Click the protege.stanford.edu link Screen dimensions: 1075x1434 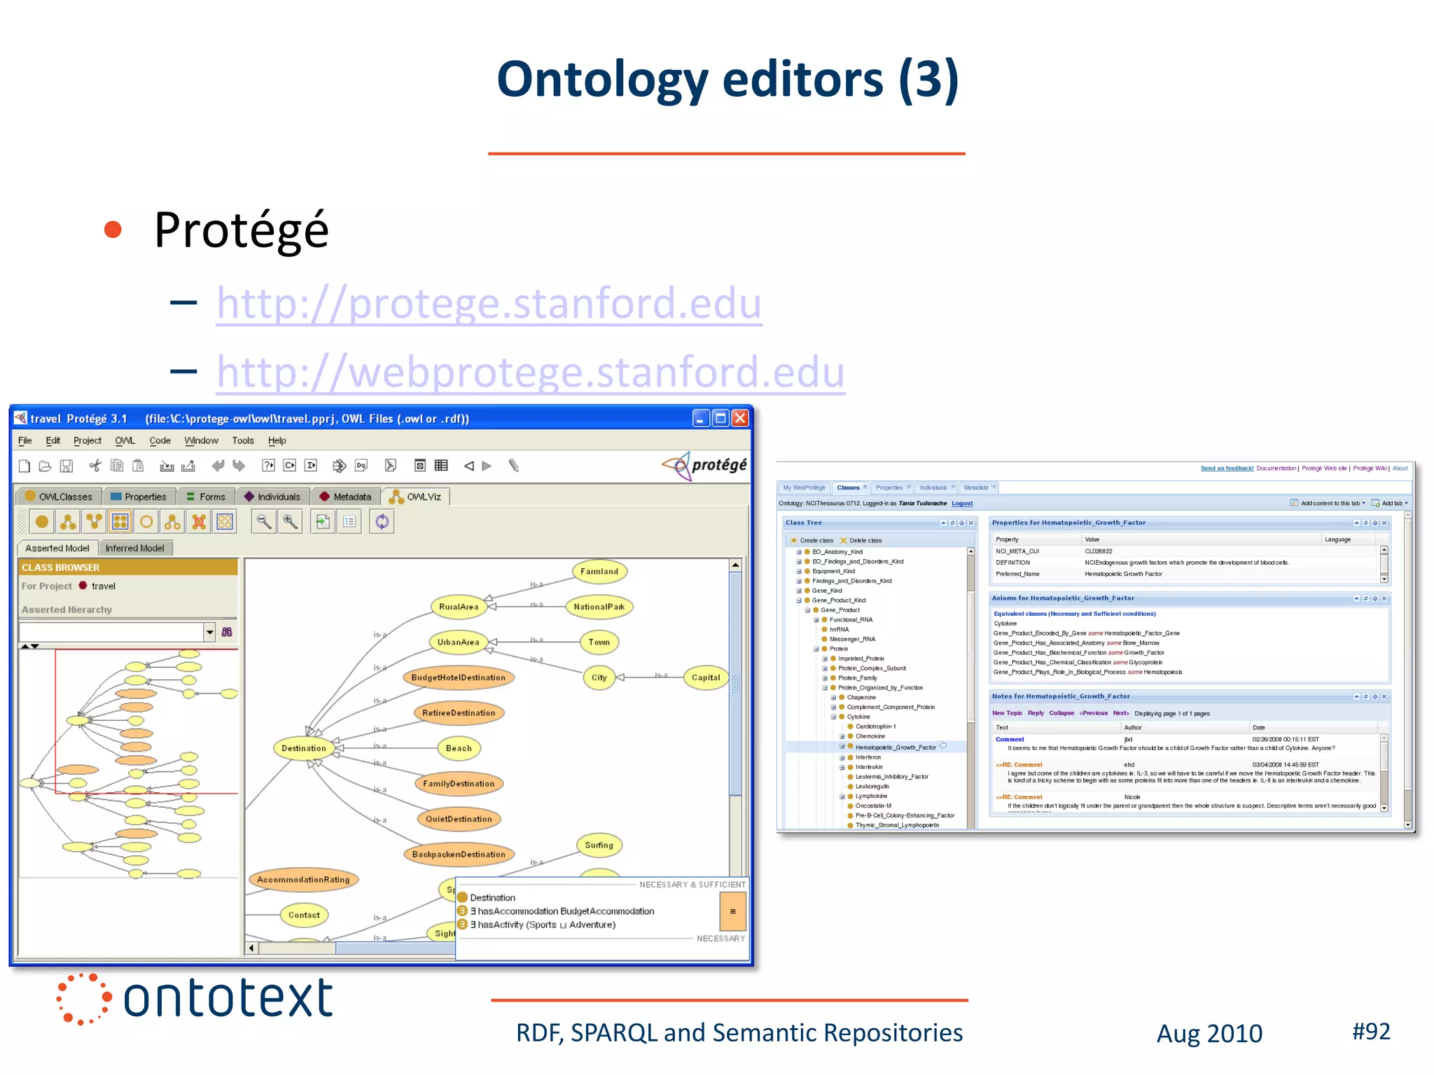489,303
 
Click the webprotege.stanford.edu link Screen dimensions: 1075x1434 530,372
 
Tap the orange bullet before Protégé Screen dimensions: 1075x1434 113,230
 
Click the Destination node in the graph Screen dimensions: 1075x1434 303,748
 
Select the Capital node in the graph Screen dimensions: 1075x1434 705,677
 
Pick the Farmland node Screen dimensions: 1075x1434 599,572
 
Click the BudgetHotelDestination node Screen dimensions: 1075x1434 458,677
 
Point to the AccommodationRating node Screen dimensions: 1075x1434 303,880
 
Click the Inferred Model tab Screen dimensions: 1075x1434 134,548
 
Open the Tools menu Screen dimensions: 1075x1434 243,441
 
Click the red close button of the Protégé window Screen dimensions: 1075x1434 740,419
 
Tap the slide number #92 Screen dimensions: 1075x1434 1370,1032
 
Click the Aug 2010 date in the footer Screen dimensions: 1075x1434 1209,1034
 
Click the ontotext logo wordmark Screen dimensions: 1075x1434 228,999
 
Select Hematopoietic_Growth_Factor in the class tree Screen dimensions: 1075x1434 895,747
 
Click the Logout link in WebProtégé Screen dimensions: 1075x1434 961,503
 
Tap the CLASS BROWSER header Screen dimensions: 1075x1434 61,568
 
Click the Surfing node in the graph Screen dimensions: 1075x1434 599,845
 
